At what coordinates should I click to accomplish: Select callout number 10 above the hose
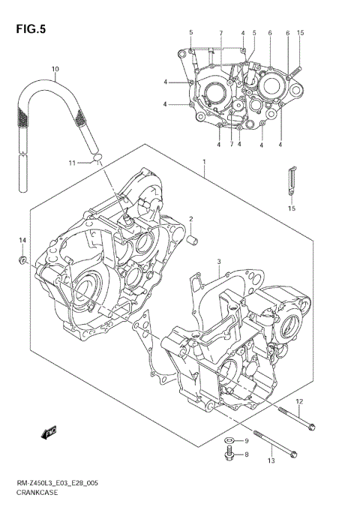tap(54, 70)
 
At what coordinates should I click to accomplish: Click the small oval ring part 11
tap(97, 157)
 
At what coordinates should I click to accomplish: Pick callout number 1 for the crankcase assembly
tap(203, 161)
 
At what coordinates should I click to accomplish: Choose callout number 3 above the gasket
tap(217, 261)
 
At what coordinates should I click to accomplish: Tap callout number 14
tap(22, 240)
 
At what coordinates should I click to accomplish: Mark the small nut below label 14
tap(23, 260)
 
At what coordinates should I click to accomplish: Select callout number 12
tap(298, 402)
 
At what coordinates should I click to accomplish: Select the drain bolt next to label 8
tap(229, 454)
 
